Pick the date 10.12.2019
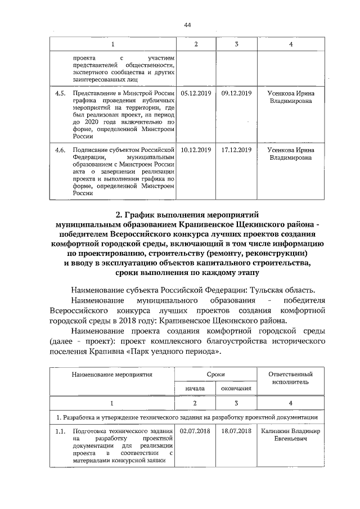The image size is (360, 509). (195, 150)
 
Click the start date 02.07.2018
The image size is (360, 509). (195, 430)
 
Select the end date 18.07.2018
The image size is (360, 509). (236, 430)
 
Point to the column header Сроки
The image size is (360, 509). (216, 373)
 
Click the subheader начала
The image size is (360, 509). (196, 388)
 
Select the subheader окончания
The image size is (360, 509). (236, 388)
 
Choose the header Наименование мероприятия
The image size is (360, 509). (112, 373)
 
